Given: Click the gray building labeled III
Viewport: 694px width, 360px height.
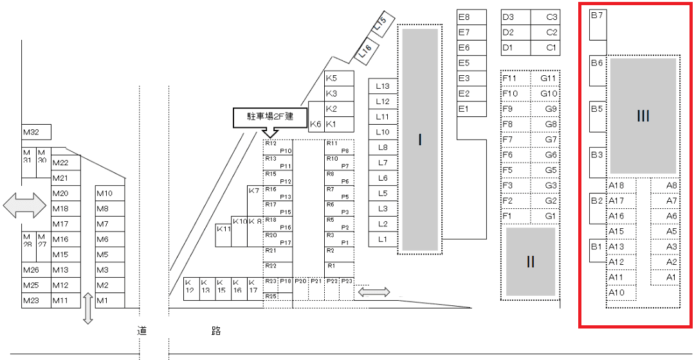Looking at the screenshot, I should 643,116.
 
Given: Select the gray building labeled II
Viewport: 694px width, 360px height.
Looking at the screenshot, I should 531,262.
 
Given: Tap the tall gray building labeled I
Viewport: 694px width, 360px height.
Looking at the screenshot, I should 420,139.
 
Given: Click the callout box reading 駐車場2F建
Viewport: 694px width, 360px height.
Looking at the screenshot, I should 270,117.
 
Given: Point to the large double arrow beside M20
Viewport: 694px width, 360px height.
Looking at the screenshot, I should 25,205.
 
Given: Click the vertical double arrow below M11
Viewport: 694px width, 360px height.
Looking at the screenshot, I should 88,309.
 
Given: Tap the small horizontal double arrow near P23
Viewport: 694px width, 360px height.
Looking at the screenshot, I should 374,292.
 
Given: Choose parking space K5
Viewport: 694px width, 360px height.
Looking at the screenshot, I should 339,78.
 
